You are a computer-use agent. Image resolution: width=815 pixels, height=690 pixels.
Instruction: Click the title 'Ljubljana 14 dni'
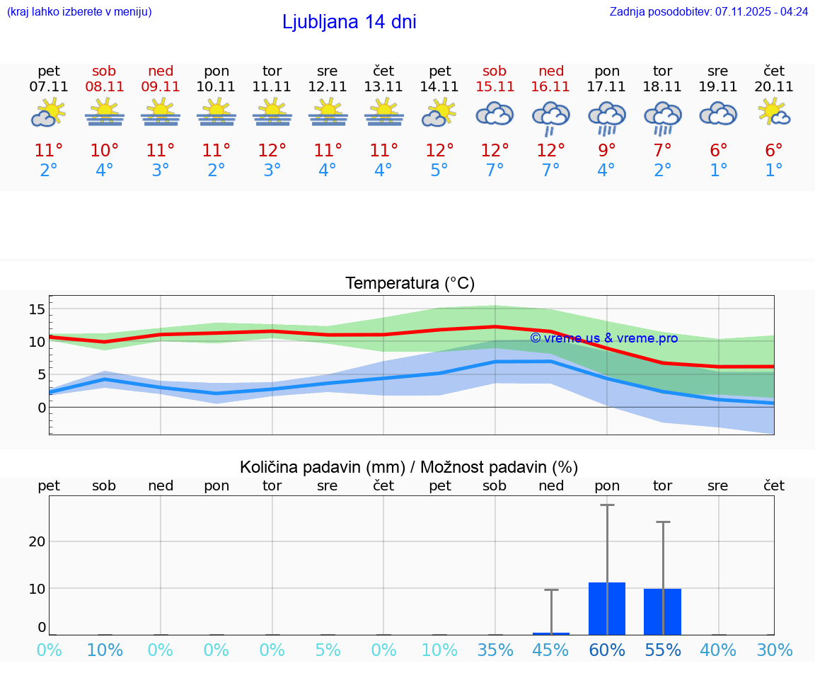[349, 22]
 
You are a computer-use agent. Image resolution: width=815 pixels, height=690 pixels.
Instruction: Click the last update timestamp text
[708, 11]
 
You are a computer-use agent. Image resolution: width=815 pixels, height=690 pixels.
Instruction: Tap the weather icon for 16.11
[551, 117]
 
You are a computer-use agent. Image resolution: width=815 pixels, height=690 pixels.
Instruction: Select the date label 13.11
[383, 87]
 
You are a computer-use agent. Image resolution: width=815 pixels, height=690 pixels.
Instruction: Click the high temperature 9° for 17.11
[606, 151]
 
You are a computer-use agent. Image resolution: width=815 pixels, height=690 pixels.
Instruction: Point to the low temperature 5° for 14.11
[439, 171]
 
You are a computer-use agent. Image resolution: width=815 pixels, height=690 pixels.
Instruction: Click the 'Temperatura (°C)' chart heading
[410, 284]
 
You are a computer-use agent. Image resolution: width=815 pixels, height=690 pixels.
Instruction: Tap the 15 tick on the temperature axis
[37, 309]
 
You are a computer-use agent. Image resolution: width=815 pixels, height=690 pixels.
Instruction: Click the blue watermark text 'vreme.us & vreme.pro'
[603, 338]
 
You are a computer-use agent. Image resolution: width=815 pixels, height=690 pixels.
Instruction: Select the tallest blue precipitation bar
[607, 609]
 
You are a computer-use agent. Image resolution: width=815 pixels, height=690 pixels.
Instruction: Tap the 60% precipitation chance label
[606, 650]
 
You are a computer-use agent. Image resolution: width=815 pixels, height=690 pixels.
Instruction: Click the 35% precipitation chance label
[495, 650]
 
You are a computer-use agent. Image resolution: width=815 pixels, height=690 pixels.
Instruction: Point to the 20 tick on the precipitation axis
[37, 541]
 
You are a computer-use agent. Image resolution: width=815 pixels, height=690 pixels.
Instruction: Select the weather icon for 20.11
[774, 113]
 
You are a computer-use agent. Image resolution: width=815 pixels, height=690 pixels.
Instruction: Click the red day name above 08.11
[104, 71]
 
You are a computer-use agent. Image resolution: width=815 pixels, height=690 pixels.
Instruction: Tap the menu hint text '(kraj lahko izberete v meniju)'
[79, 11]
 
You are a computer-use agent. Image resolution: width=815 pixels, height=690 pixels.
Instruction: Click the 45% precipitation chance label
[550, 650]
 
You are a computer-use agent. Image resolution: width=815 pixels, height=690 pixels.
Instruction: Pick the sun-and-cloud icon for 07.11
[48, 113]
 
